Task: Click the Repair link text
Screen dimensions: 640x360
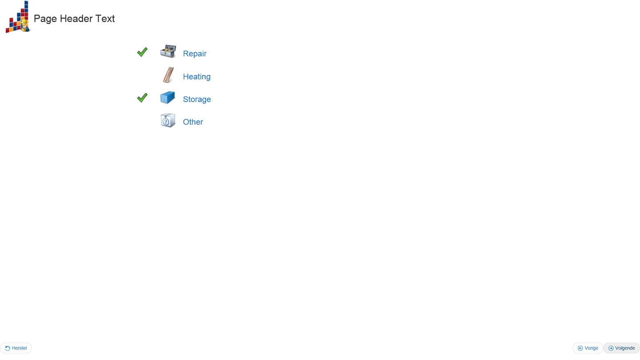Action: [195, 53]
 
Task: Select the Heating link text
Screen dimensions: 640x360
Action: [196, 76]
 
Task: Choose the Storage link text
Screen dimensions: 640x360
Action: [197, 99]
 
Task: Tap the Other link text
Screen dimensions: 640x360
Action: [193, 122]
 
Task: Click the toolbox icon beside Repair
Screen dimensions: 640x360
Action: [168, 52]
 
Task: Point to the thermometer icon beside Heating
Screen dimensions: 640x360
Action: [168, 75]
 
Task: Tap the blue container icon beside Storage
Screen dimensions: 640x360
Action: [168, 97]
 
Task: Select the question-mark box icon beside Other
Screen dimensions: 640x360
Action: [168, 120]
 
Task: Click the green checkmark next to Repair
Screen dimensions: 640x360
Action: [142, 52]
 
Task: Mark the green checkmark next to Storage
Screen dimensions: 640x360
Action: [142, 98]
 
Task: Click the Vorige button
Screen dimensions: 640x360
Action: [588, 348]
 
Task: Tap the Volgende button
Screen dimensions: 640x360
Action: [621, 348]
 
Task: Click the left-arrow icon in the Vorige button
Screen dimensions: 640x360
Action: [580, 348]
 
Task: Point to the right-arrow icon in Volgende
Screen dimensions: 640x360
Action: [611, 348]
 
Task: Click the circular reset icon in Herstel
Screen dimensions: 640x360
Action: [8, 348]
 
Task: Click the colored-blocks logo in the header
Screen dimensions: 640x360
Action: [18, 17]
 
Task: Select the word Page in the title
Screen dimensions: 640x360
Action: [45, 19]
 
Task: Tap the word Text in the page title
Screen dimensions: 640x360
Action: [105, 19]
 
